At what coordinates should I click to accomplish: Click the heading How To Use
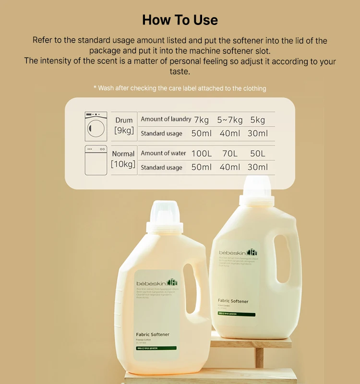pyautogui.click(x=180, y=20)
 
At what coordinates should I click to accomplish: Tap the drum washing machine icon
pyautogui.click(x=96, y=126)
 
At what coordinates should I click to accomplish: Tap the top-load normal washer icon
pyautogui.click(x=96, y=160)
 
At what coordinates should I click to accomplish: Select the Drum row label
pyautogui.click(x=124, y=120)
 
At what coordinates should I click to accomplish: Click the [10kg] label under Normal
pyautogui.click(x=123, y=164)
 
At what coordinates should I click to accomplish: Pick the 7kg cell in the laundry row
pyautogui.click(x=201, y=120)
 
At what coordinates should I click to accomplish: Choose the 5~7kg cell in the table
pyautogui.click(x=230, y=120)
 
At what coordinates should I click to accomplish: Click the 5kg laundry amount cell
pyautogui.click(x=258, y=120)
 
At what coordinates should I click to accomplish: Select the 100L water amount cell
pyautogui.click(x=201, y=154)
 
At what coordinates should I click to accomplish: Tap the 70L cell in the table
pyautogui.click(x=230, y=154)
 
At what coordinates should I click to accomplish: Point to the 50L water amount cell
pyautogui.click(x=258, y=154)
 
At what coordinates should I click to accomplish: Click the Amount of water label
pyautogui.click(x=163, y=153)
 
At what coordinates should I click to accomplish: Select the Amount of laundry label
pyautogui.click(x=166, y=119)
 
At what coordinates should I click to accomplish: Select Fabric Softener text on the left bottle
pyautogui.click(x=153, y=335)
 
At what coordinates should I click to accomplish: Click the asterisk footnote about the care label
pyautogui.click(x=180, y=88)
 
